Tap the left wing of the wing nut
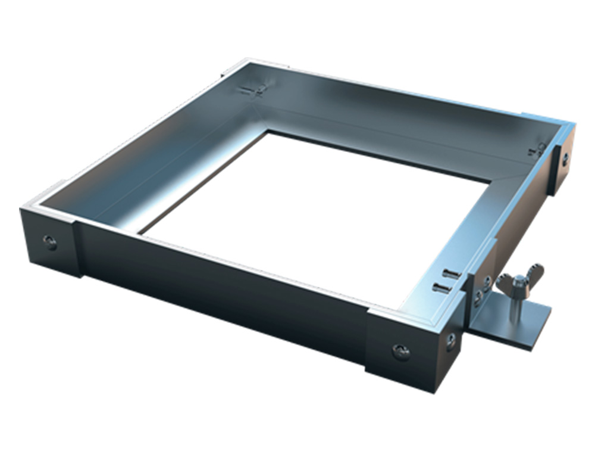[505, 282]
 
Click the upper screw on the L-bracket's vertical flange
[487, 280]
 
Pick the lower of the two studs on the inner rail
[441, 288]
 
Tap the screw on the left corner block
[50, 241]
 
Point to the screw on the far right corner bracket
[565, 159]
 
